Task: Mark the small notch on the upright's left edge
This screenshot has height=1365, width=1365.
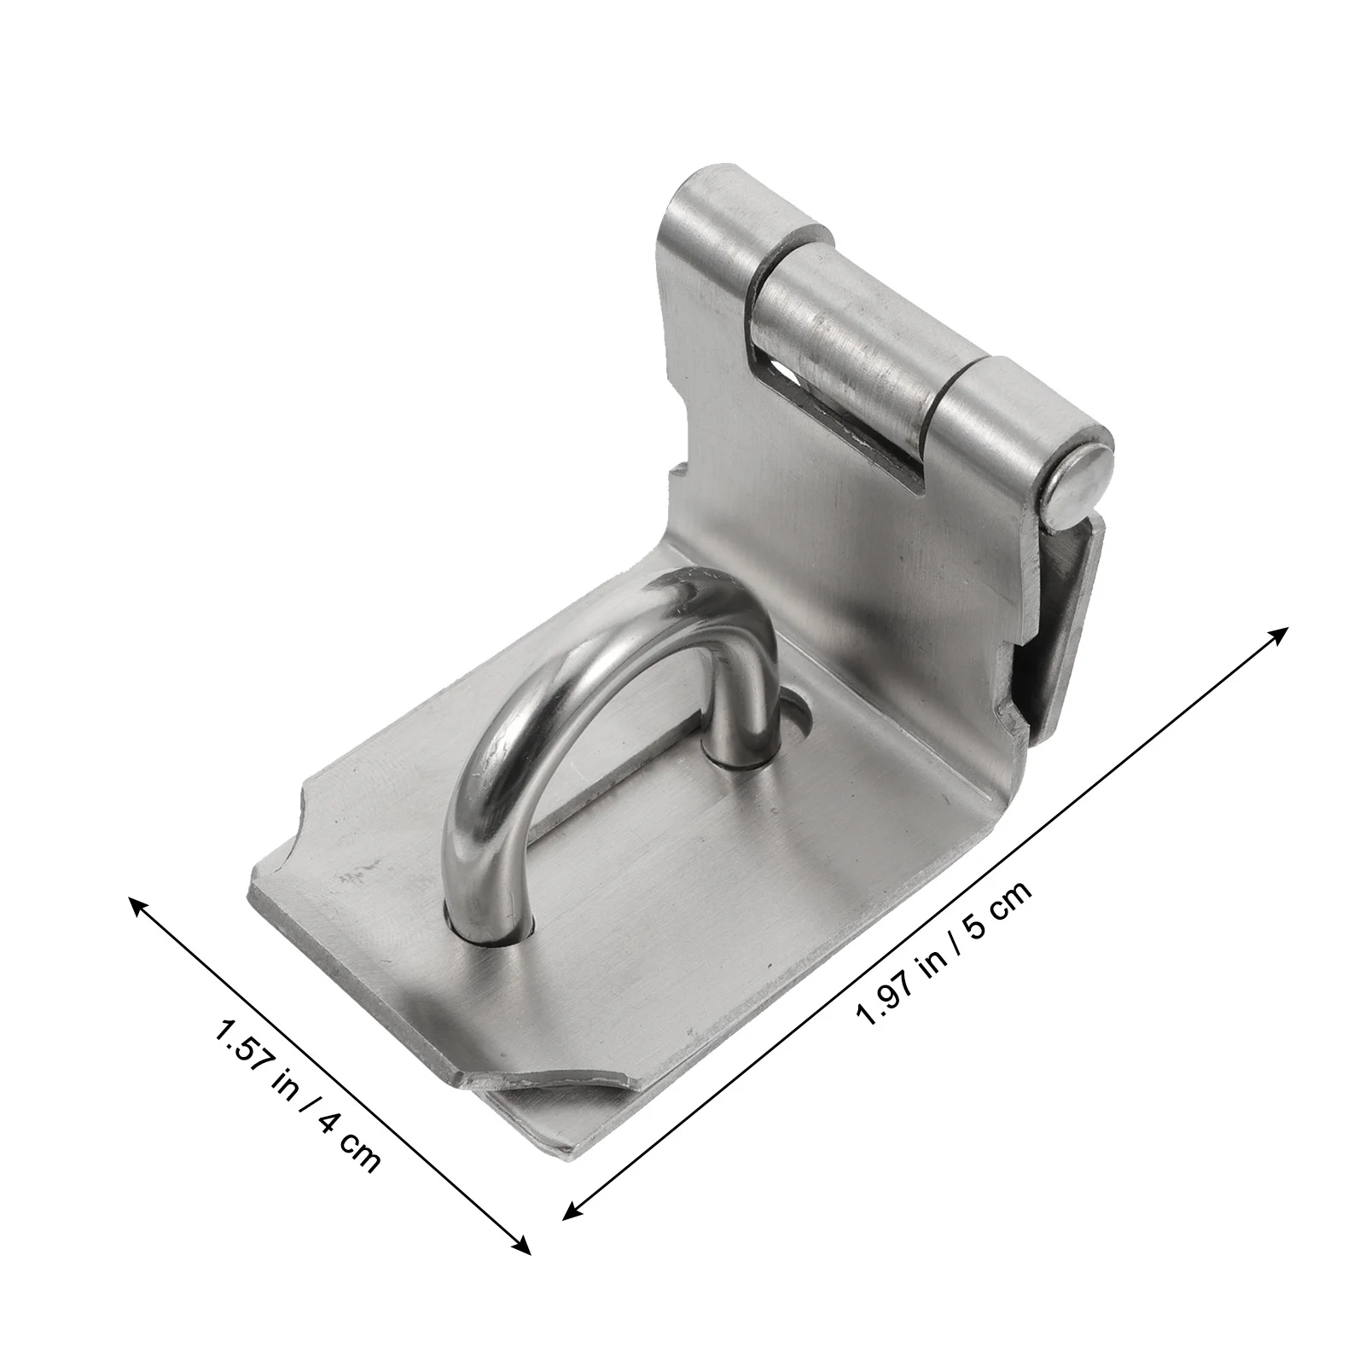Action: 680,478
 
